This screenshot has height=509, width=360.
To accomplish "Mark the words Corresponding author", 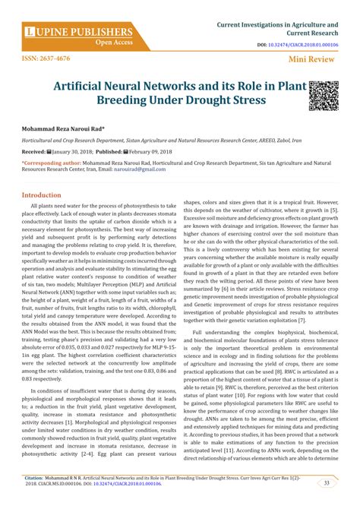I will (x=45, y=163).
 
